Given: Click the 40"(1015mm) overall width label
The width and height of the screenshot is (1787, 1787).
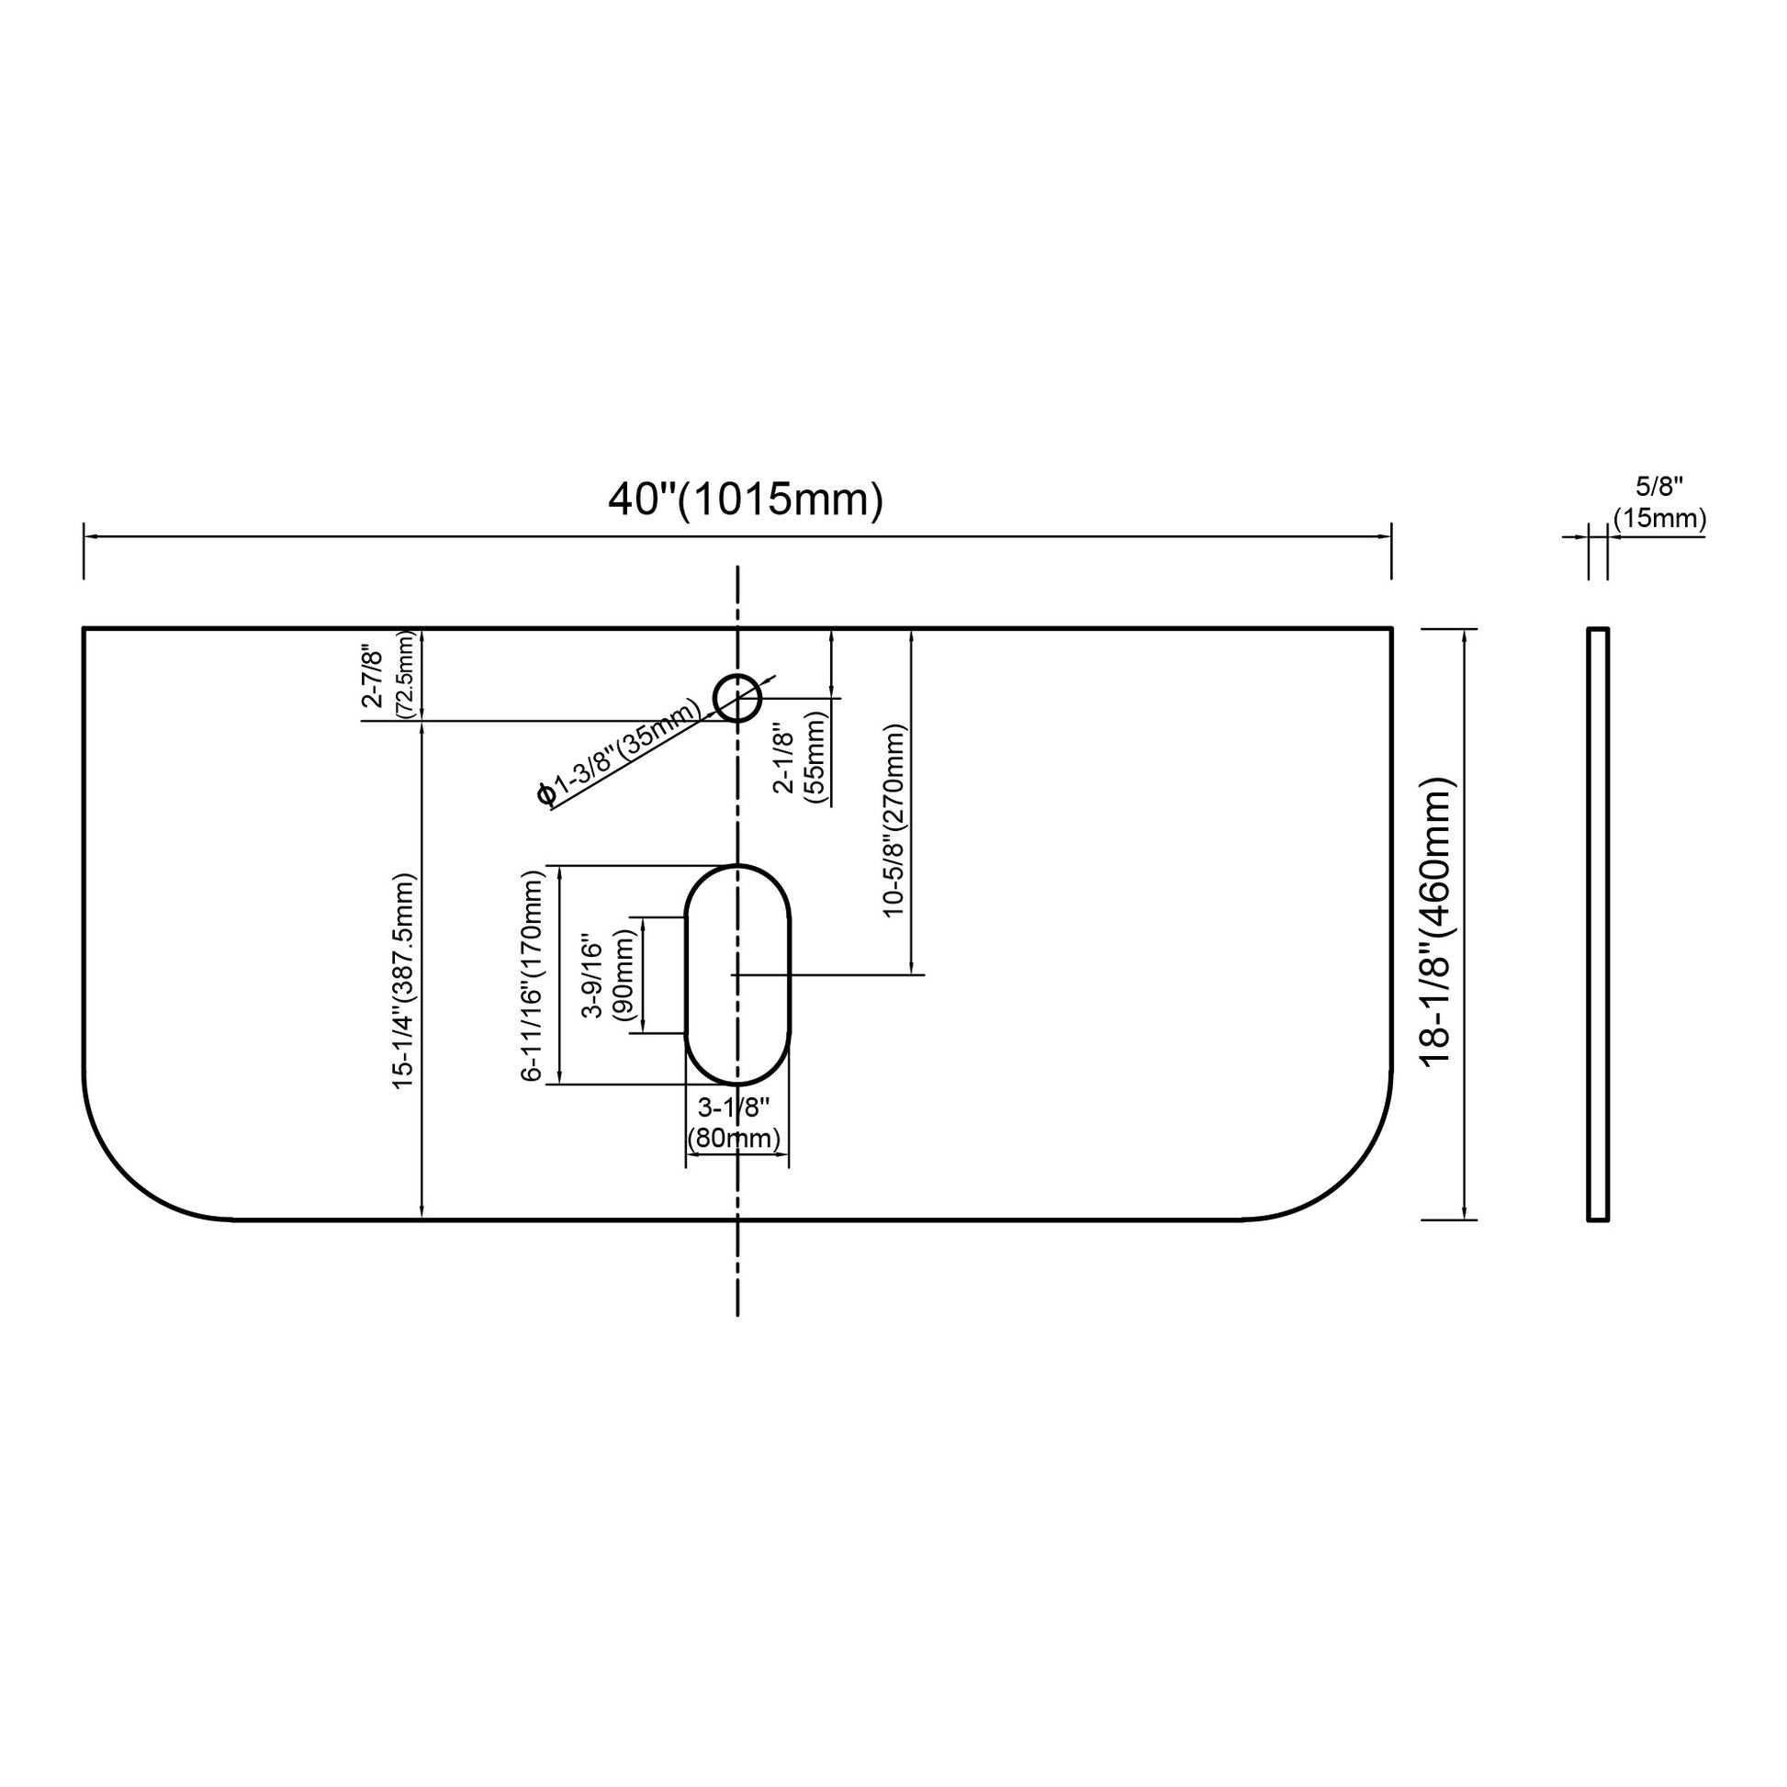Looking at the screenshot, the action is pyautogui.click(x=746, y=500).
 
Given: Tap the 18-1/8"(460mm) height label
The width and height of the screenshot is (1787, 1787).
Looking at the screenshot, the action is pyautogui.click(x=1438, y=922).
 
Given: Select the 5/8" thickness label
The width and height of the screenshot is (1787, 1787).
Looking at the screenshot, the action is pyautogui.click(x=1659, y=487).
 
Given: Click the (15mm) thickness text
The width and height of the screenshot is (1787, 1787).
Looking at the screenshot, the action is pyautogui.click(x=1659, y=518).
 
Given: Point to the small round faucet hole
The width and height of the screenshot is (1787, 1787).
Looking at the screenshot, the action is pyautogui.click(x=737, y=697).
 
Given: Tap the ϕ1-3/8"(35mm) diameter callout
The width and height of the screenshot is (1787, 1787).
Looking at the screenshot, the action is pyautogui.click(x=618, y=753).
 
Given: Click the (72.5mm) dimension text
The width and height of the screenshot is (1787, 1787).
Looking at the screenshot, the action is pyautogui.click(x=404, y=674).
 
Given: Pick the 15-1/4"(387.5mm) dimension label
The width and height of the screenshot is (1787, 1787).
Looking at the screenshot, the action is pyautogui.click(x=404, y=982).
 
